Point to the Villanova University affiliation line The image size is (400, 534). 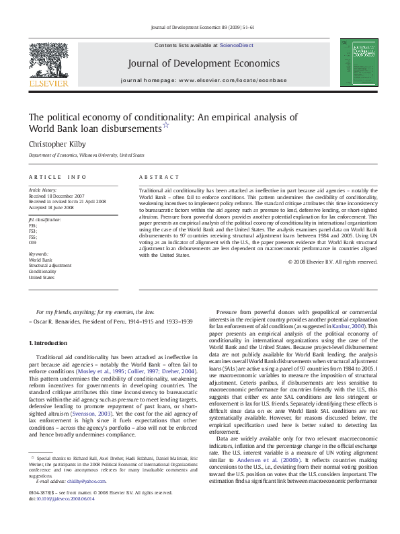tap(86, 155)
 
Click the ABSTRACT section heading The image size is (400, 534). tap(159, 177)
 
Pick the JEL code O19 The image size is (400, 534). tap(33, 242)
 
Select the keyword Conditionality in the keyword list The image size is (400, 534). tap(43, 271)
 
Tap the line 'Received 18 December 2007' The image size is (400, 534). tap(56, 196)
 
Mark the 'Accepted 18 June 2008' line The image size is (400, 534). tap(52, 206)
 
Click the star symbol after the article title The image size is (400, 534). tap(167, 126)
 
